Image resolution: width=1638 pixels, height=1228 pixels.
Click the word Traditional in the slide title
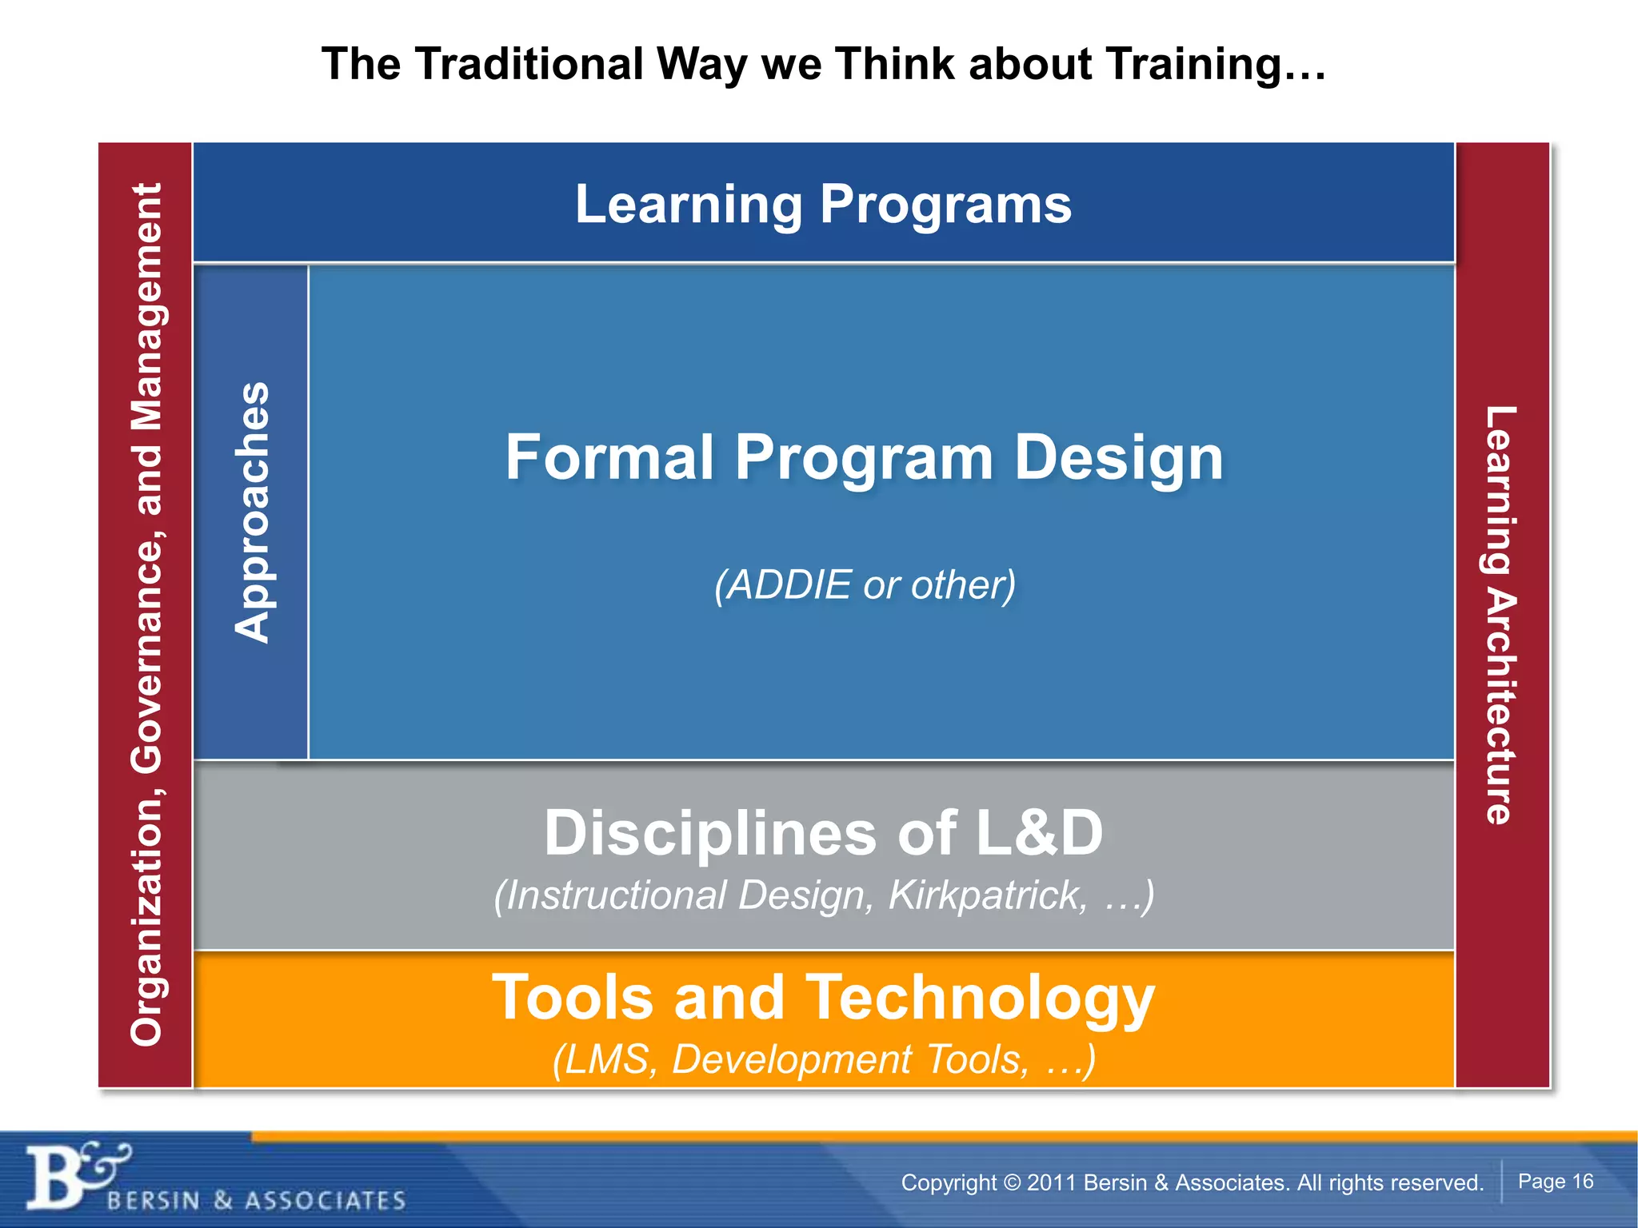click(529, 64)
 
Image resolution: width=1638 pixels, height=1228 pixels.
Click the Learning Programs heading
click(823, 204)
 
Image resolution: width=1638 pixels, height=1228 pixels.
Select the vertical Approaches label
click(252, 512)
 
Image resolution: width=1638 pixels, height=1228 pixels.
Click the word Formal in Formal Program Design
click(609, 457)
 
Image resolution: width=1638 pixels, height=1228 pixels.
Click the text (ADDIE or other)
click(864, 584)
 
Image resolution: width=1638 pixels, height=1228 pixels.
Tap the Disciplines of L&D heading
click(823, 832)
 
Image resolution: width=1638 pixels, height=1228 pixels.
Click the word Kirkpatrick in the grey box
click(988, 895)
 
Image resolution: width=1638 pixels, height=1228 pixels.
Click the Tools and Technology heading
click(823, 998)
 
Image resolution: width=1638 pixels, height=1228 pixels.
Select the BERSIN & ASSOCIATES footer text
click(256, 1200)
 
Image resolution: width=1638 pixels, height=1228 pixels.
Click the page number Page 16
click(1555, 1181)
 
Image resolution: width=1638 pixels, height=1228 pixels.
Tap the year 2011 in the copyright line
click(1051, 1182)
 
